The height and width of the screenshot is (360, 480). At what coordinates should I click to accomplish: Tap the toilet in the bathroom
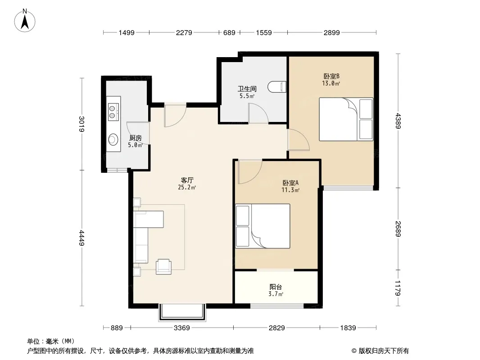(x=277, y=87)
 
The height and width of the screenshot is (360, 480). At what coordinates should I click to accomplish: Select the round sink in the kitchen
(x=113, y=139)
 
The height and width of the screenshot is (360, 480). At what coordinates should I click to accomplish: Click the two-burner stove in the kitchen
(x=113, y=112)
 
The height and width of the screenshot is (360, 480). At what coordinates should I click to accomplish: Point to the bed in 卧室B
(x=346, y=119)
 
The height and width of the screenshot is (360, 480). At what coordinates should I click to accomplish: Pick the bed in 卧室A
(x=263, y=226)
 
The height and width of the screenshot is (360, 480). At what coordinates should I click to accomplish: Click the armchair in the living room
(x=163, y=266)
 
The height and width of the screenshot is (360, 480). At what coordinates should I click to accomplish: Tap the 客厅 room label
(x=187, y=180)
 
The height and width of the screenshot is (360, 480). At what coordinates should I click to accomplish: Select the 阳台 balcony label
(x=276, y=287)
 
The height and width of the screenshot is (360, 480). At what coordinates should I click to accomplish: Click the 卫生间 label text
(x=247, y=89)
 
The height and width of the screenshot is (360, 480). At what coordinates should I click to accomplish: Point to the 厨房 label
(x=135, y=138)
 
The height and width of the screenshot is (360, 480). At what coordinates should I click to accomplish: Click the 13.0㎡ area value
(x=331, y=83)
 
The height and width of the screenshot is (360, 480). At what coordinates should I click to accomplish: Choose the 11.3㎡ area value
(x=290, y=190)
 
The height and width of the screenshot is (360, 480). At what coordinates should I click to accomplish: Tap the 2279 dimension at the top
(x=184, y=32)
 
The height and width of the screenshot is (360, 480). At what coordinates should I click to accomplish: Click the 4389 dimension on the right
(x=398, y=121)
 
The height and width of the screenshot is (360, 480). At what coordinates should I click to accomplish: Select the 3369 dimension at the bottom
(x=182, y=328)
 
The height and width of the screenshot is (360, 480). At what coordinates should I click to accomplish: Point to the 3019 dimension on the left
(x=82, y=124)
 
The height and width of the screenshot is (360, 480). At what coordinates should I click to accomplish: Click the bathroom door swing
(x=258, y=113)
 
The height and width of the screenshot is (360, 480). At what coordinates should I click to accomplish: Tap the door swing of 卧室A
(x=250, y=172)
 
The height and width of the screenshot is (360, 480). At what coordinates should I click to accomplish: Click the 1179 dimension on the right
(x=398, y=288)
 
